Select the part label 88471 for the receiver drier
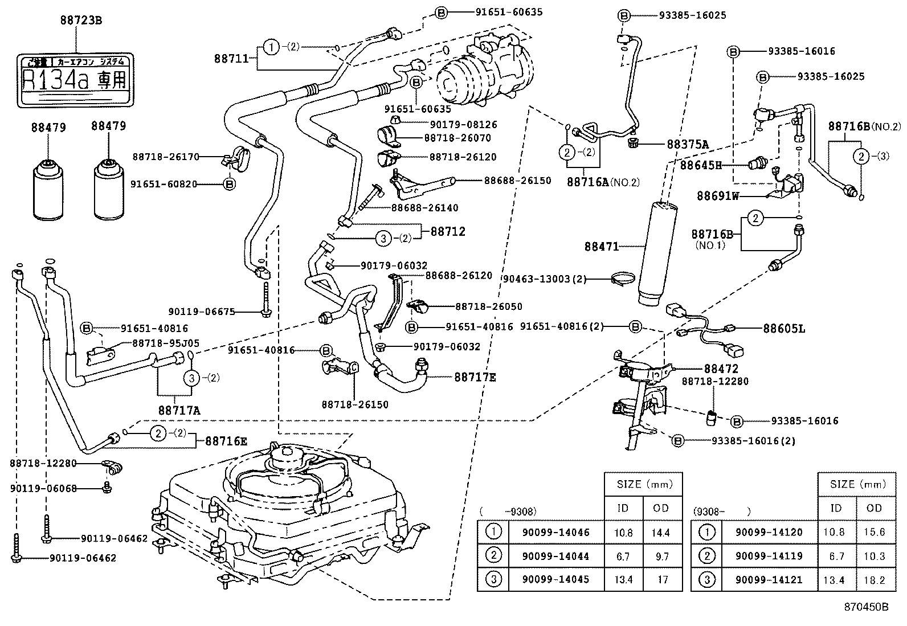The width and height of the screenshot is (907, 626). (x=601, y=247)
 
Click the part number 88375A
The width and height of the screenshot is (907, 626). (x=688, y=145)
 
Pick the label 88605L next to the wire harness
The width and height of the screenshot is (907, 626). (x=784, y=329)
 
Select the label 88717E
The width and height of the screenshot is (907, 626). (x=475, y=377)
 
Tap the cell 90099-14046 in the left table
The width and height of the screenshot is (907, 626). (x=555, y=533)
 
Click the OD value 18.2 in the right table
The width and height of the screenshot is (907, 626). (x=874, y=580)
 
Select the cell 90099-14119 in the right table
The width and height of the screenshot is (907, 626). (x=769, y=557)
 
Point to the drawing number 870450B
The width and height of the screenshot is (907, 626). (x=866, y=607)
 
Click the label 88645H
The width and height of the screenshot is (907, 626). (x=701, y=165)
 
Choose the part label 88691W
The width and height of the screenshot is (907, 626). (x=717, y=196)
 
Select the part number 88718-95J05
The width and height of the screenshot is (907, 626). (x=166, y=343)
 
